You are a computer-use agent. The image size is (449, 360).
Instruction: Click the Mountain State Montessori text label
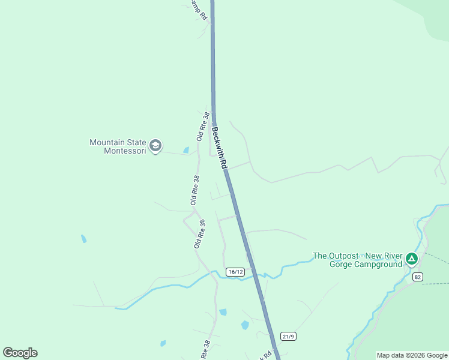click(117, 146)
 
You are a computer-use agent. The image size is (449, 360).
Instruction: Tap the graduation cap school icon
click(155, 146)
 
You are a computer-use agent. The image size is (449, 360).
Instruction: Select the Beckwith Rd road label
click(218, 144)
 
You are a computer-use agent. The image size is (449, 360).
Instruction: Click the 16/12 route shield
click(235, 272)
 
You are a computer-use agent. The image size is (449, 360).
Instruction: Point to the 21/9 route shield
click(288, 336)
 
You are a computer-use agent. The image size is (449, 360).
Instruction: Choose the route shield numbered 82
click(418, 276)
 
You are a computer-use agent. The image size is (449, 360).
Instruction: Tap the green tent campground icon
click(411, 259)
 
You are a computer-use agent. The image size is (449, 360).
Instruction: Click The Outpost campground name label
click(358, 260)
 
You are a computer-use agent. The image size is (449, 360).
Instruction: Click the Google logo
click(20, 353)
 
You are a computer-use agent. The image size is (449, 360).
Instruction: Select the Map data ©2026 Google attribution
click(412, 355)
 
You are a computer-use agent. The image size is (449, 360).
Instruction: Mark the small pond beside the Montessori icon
click(186, 150)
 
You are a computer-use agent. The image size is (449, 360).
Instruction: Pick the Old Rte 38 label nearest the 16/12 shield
click(199, 234)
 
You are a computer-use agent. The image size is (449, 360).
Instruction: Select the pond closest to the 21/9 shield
click(245, 325)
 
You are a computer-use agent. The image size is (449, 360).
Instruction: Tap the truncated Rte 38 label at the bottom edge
click(204, 352)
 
